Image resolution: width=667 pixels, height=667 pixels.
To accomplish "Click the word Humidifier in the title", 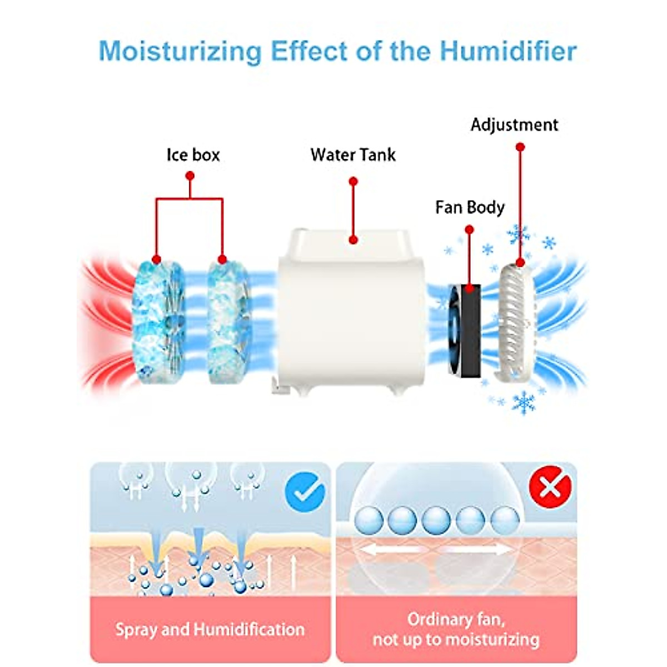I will point(508,51).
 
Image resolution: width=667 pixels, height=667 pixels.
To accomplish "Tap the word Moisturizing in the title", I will point(180,51).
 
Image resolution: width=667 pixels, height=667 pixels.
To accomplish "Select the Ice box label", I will point(193,155).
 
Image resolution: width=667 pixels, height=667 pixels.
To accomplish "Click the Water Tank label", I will point(353,155).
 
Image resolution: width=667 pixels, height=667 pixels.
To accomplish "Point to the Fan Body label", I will point(470,207).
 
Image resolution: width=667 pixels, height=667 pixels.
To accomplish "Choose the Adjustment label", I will point(514,125).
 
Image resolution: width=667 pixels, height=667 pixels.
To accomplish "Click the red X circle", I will point(550,487).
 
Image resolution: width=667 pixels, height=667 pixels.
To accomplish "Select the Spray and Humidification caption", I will point(210,629).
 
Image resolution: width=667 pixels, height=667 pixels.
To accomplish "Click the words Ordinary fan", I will point(456,619).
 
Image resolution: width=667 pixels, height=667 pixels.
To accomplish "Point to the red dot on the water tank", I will point(353,240).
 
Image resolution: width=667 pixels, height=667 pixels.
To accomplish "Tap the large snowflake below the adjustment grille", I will point(523,402).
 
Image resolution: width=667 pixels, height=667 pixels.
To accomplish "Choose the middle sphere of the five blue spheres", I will point(436,521).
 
